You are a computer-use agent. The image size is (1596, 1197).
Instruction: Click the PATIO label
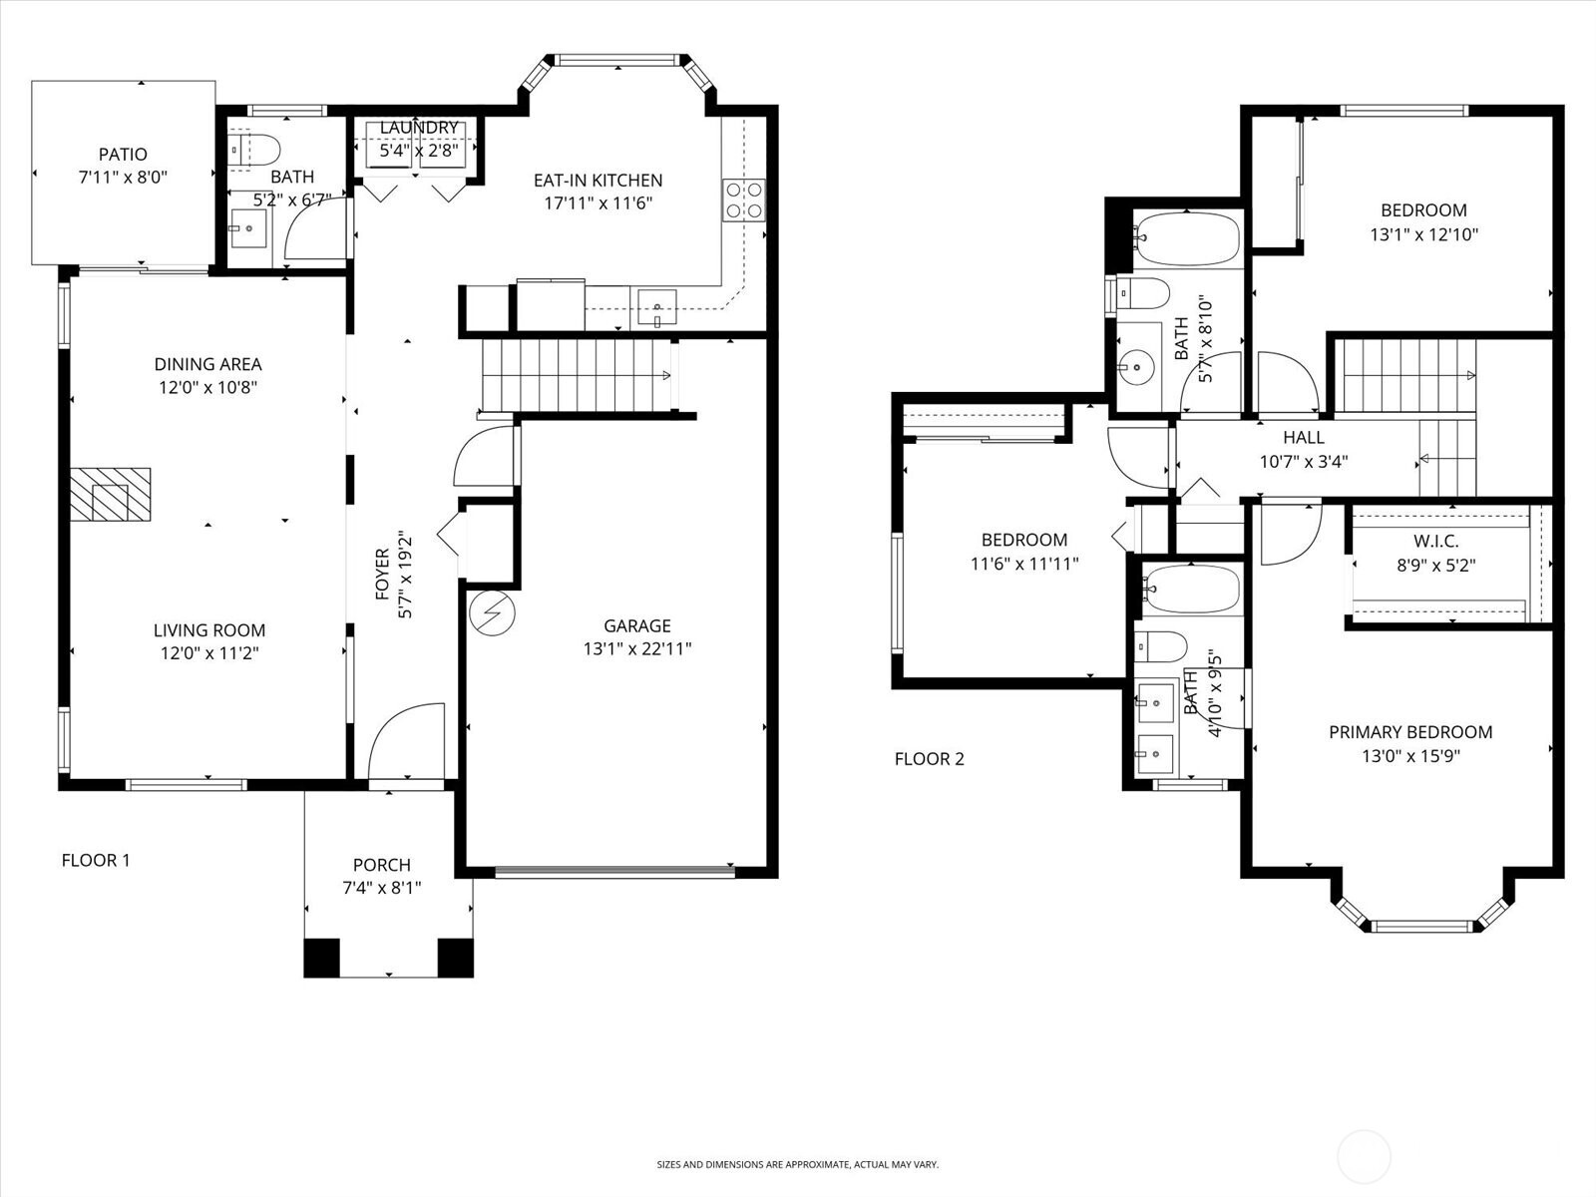(123, 154)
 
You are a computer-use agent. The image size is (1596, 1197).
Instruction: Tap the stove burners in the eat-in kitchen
(744, 199)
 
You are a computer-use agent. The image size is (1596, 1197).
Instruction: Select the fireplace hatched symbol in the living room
(110, 494)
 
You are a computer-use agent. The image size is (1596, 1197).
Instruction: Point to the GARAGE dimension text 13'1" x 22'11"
(637, 649)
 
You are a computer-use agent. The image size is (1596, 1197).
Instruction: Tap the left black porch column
(321, 958)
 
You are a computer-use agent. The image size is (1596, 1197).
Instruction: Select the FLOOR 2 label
(929, 759)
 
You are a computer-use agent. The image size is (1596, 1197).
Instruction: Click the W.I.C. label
(1435, 542)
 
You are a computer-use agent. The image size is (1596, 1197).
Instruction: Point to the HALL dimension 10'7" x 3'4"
(1304, 461)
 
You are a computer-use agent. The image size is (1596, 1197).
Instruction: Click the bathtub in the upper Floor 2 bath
(1186, 237)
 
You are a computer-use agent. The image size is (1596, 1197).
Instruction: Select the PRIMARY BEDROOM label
(1409, 732)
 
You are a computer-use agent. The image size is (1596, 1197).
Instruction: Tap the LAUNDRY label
(419, 128)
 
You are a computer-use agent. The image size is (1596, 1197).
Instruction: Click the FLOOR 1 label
(96, 860)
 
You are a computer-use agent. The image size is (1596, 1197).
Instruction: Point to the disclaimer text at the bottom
(797, 1164)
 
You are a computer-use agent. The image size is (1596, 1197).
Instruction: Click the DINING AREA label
(207, 364)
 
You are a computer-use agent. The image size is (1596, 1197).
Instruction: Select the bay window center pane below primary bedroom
(1422, 927)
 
